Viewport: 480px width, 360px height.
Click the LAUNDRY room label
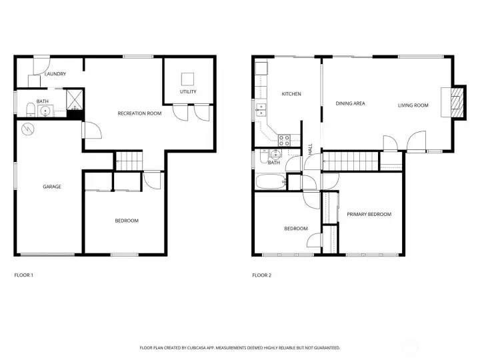click(55, 74)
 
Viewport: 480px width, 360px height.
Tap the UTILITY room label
click(188, 91)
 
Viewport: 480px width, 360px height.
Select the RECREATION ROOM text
click(139, 113)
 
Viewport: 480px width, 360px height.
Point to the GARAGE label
click(52, 187)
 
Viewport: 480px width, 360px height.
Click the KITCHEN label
click(291, 94)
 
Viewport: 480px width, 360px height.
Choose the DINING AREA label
click(350, 103)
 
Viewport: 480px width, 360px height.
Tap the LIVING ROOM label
click(413, 105)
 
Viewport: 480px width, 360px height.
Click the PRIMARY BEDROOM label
click(369, 214)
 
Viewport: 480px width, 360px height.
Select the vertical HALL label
click(310, 148)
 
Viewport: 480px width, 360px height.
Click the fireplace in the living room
click(457, 102)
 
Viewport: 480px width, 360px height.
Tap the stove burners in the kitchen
click(284, 140)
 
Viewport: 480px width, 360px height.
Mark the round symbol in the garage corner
click(28, 128)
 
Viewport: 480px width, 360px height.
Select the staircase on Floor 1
click(130, 160)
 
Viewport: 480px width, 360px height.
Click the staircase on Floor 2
click(350, 161)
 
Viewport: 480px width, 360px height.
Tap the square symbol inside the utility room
click(188, 77)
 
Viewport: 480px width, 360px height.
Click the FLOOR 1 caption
click(24, 275)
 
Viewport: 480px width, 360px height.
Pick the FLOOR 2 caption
click(261, 275)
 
